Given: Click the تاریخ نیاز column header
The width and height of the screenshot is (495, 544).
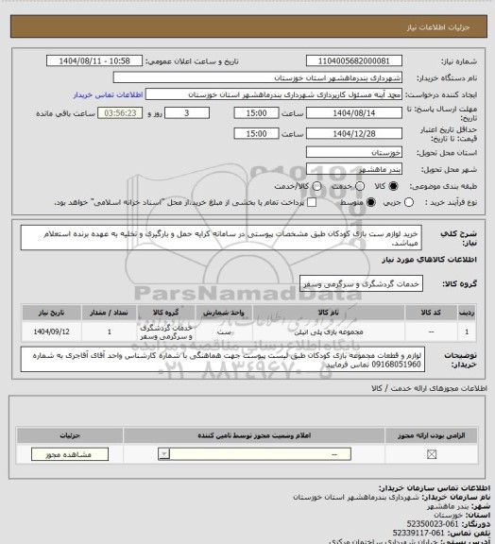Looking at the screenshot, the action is (x=54, y=310).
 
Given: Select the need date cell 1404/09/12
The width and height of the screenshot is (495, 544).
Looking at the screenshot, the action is (x=54, y=331).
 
